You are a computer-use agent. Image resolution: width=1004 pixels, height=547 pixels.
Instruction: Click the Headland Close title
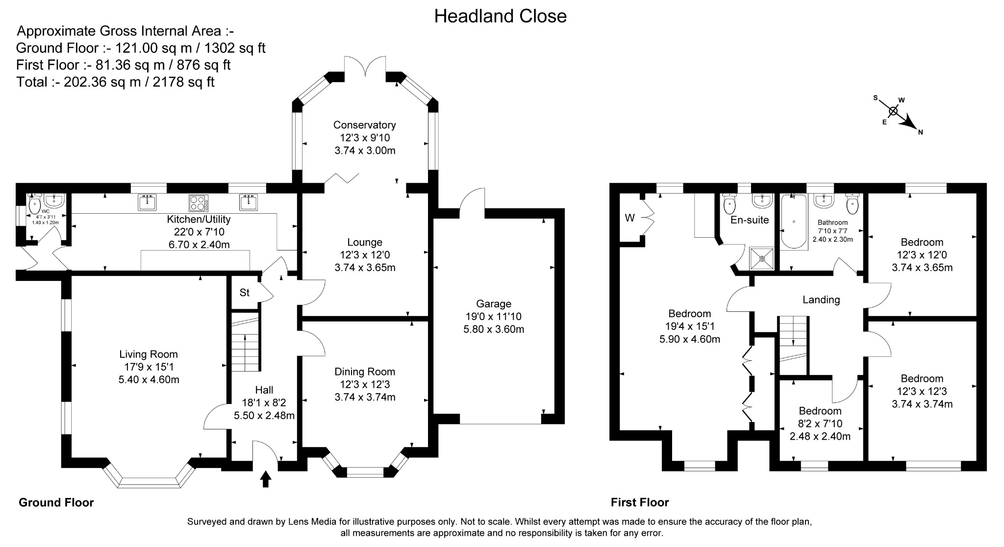pos(500,16)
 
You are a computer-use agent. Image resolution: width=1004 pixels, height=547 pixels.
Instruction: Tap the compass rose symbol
pos(893,111)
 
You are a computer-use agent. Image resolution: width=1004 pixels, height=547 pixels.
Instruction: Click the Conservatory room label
pos(364,125)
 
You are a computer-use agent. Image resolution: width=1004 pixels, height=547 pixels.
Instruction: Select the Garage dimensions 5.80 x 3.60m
pos(494,329)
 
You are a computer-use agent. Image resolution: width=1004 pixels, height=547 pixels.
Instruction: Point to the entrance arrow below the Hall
pos(266,478)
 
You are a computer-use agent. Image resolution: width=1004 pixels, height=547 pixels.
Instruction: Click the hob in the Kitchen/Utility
pos(199,202)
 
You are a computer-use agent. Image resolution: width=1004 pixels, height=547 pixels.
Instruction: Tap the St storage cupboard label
pos(244,293)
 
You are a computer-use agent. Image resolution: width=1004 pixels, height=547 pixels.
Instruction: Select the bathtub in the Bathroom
pos(793,222)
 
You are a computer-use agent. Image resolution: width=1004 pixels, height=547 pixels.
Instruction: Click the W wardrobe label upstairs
pos(629,218)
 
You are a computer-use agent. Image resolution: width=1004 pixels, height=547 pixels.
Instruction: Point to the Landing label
pos(821,299)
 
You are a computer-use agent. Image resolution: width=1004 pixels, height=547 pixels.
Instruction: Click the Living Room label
pos(149,354)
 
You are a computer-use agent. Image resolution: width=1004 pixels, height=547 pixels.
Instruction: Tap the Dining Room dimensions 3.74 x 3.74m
pos(365,397)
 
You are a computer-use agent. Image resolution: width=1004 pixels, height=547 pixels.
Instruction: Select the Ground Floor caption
pos(56,502)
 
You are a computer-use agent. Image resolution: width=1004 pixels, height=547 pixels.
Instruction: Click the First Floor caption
pos(639,502)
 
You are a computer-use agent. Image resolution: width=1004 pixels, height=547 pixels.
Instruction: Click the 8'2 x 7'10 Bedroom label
pos(820,411)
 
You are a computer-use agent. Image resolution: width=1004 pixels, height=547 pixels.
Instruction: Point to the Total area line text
pos(115,82)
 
